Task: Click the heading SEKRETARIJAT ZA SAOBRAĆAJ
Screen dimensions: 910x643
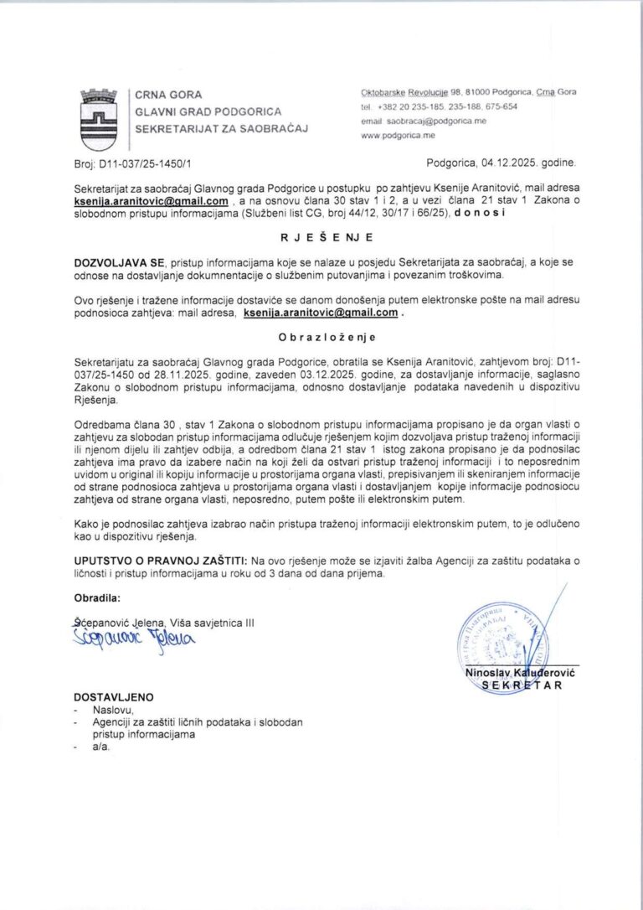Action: point(222,128)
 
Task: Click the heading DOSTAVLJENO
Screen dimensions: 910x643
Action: point(114,697)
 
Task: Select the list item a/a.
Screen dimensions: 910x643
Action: point(101,747)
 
